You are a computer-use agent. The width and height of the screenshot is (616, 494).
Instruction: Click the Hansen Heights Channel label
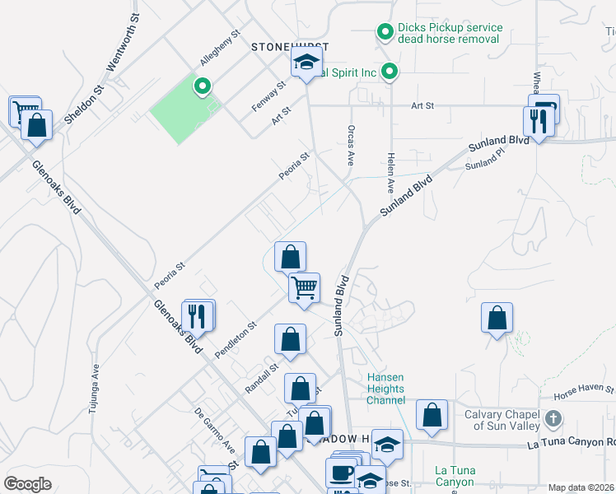(386, 389)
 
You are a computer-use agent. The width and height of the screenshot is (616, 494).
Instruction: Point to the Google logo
(28, 483)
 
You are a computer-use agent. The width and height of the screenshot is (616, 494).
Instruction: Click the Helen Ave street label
(391, 174)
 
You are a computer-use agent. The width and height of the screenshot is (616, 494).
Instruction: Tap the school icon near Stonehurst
(306, 63)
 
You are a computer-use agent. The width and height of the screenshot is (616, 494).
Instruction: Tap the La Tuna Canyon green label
(454, 476)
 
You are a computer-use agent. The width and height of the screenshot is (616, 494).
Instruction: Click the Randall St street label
(262, 377)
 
